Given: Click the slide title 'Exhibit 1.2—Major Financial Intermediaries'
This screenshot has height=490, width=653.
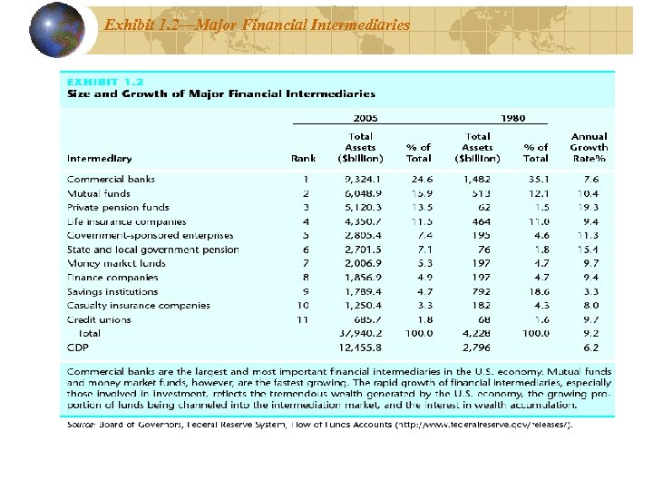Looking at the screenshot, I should click(x=257, y=24).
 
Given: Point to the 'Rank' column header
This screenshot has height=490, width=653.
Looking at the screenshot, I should click(x=303, y=159).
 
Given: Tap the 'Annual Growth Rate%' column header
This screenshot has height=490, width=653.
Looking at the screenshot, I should click(x=589, y=148).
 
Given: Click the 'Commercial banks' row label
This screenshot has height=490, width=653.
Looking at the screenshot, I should click(x=111, y=180).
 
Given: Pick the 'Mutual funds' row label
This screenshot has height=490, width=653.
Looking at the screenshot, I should click(x=98, y=193).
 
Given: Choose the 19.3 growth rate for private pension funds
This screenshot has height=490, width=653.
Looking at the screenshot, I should click(x=591, y=207).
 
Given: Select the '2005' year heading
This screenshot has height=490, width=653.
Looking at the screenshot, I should click(x=365, y=118).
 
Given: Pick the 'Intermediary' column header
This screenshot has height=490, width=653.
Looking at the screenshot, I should click(x=99, y=159).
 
